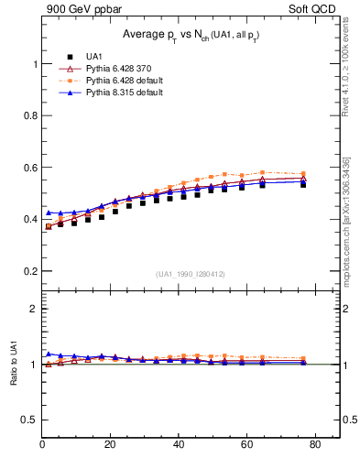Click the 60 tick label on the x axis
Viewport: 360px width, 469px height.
pyautogui.click(x=246, y=444)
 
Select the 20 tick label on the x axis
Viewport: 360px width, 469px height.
pyautogui.click(x=110, y=444)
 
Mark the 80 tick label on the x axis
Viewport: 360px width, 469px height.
pyautogui.click(x=314, y=444)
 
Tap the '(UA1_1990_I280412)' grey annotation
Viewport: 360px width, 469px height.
pyautogui.click(x=191, y=273)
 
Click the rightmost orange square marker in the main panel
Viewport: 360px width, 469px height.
pyautogui.click(x=303, y=174)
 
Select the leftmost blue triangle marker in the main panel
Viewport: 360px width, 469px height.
pyautogui.click(x=49, y=213)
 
